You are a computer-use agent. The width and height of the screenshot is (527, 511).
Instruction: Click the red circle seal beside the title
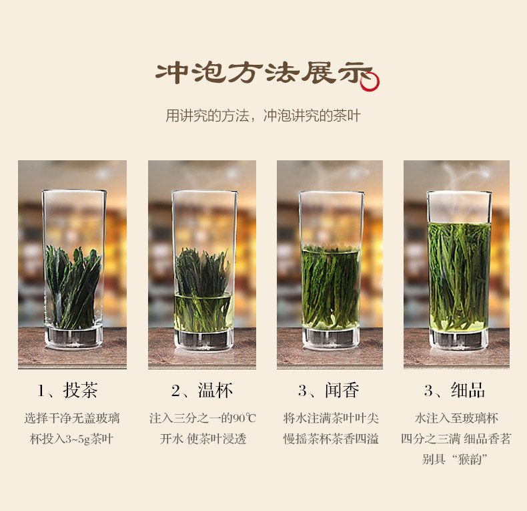pos(370,81)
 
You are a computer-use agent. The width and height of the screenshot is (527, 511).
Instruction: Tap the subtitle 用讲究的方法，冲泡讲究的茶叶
pos(263,116)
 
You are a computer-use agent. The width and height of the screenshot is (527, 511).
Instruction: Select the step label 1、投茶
pos(67,391)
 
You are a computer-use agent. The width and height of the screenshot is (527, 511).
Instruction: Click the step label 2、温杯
pos(202,391)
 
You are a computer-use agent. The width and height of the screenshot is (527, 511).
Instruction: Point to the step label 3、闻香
pos(329,391)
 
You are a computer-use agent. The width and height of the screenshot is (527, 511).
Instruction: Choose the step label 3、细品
pos(455,391)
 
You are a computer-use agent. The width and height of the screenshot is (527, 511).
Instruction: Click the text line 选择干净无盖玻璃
pos(72,418)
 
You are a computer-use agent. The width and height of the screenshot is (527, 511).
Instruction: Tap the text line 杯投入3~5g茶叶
pos(71,439)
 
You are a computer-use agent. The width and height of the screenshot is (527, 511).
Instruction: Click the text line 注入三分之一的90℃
pos(203,418)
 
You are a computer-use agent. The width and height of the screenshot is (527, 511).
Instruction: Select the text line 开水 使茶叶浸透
pos(203,439)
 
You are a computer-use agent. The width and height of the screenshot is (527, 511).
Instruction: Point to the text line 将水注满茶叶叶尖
pos(331,418)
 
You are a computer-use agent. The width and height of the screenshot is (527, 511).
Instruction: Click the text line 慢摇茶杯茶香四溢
pos(331,439)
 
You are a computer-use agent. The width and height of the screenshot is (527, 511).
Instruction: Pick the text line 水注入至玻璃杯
pos(456,418)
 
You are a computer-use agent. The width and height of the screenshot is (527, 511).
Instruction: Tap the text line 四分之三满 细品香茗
pos(456,439)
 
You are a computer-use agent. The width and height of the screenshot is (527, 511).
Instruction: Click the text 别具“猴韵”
pos(455,459)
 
